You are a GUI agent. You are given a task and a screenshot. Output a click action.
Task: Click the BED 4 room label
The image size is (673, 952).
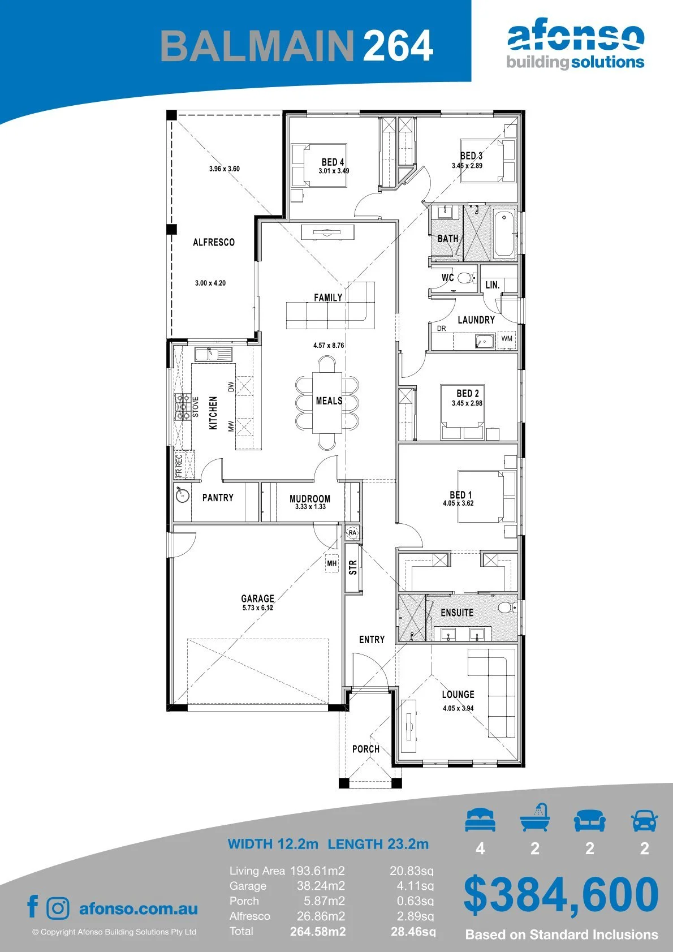[333, 162]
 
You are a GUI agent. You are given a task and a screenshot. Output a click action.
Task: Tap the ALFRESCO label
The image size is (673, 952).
[214, 242]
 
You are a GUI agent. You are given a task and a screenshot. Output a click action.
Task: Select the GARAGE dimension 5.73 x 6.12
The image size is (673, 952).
[258, 608]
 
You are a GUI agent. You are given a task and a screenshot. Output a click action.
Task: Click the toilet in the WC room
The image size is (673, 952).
[467, 278]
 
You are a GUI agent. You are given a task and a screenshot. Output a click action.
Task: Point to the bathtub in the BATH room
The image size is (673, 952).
[504, 233]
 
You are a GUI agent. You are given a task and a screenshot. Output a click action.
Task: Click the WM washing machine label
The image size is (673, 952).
[507, 339]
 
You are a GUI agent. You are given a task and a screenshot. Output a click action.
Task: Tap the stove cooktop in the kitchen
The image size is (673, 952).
[183, 407]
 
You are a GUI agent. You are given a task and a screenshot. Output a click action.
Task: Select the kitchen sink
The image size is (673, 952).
[213, 354]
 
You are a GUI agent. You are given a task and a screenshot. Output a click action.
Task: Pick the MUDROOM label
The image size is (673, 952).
[310, 498]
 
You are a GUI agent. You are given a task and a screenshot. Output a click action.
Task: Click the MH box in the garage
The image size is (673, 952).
[332, 563]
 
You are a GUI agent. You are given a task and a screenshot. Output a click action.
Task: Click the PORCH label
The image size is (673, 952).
[365, 749]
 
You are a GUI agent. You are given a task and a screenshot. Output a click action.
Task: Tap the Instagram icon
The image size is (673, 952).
[57, 908]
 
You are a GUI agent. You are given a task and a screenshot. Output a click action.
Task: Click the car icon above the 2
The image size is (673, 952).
[645, 820]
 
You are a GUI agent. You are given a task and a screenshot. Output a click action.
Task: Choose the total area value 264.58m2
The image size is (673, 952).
[318, 932]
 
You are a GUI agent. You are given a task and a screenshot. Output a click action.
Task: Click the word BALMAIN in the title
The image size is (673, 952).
[257, 45]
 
